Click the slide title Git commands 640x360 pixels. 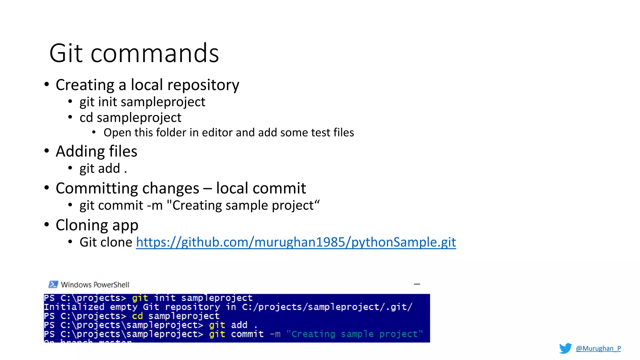point(134,53)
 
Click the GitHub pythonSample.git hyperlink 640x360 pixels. point(296,242)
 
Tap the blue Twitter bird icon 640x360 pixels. point(565,348)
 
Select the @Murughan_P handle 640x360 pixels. point(598,348)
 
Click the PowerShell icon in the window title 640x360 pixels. point(53,284)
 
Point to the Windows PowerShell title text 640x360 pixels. point(95,285)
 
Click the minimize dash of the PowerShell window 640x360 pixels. point(417,284)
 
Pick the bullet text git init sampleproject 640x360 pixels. point(142,102)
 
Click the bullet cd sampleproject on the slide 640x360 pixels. point(130,118)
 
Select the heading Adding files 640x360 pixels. point(96,151)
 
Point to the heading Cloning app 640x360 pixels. point(97,225)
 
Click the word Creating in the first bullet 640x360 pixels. point(85,85)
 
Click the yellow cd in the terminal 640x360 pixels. point(137,316)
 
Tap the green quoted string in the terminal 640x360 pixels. point(354,334)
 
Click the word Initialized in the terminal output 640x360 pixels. point(74,307)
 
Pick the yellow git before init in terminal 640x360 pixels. point(140,298)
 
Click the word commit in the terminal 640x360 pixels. point(247,334)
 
